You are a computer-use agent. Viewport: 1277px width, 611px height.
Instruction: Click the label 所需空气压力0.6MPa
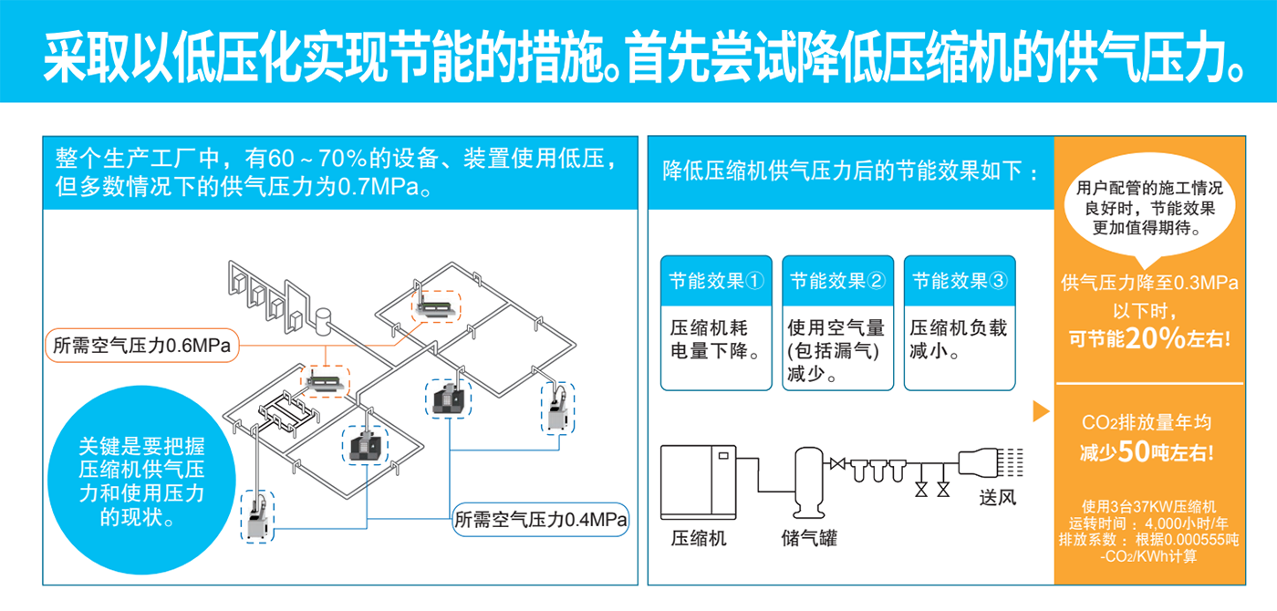point(142,346)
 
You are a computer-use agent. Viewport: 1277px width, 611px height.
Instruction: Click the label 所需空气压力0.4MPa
point(540,519)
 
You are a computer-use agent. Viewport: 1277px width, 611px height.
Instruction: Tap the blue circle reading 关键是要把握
point(141,480)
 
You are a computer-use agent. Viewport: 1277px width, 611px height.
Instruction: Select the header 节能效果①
point(716,281)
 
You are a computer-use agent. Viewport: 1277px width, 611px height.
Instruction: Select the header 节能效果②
point(837,281)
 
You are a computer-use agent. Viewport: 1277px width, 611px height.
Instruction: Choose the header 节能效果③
point(960,281)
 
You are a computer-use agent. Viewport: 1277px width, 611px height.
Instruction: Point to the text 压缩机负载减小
point(959,339)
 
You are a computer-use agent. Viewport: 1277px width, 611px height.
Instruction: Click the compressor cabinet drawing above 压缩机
point(699,482)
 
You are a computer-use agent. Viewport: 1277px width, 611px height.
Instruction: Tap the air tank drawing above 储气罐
point(809,482)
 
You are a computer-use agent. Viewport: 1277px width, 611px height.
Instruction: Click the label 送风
point(998,498)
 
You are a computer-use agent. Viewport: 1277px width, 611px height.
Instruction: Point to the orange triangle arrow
point(1041,411)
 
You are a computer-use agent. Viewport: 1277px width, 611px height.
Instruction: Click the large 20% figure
point(1155,338)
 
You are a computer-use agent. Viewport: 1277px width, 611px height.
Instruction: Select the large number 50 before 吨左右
point(1134,451)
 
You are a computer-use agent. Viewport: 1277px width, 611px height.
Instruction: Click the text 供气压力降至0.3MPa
point(1149,283)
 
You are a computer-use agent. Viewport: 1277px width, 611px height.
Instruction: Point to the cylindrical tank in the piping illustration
point(323,321)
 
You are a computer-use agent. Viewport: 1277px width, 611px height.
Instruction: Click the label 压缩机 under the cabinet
point(699,538)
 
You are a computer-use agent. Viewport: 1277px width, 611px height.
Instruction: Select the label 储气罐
point(809,538)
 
